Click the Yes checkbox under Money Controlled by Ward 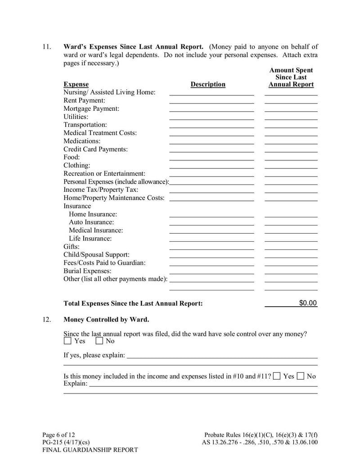67,341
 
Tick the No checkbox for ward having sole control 99,341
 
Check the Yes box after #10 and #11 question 277,376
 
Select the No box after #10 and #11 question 301,376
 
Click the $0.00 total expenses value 308,303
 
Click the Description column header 208,84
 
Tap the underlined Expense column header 76,84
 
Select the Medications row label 82,141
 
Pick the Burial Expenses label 87,271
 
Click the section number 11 46,46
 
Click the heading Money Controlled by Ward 106,320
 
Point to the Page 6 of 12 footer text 58,435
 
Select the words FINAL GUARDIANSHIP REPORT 90,449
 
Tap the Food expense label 72,157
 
